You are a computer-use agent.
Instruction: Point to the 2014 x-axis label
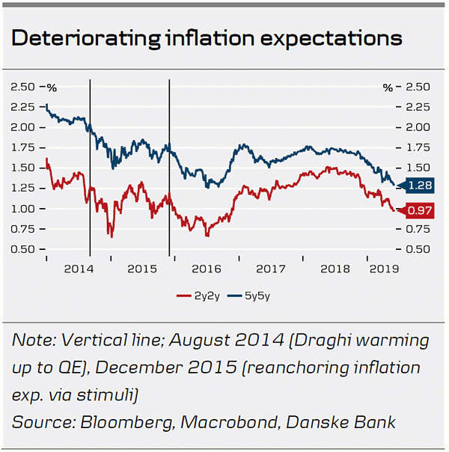point(77,268)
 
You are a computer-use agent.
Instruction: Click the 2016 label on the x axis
point(206,268)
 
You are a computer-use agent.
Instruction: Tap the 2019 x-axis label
point(382,268)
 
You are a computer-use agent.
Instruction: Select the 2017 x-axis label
point(271,268)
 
